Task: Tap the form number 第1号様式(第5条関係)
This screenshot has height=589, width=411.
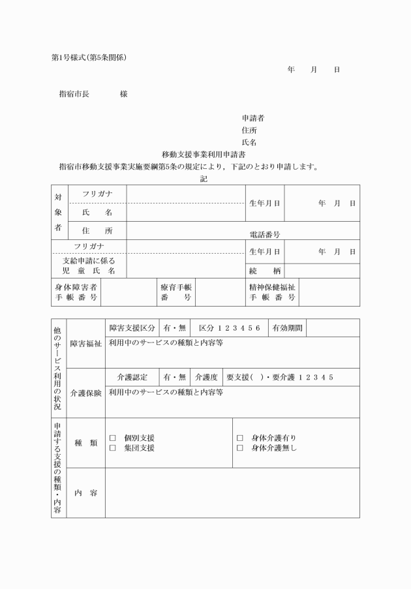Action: [89, 57]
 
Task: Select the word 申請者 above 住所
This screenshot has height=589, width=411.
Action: [252, 118]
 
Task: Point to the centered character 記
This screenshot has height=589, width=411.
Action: [204, 178]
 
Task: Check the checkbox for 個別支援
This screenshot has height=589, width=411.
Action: [112, 438]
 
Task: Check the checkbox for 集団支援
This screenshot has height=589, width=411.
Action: [112, 448]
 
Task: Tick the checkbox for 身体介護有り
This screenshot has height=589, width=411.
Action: [239, 438]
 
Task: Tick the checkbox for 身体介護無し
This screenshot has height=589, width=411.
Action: [239, 448]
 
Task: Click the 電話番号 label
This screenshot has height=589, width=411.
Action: [264, 235]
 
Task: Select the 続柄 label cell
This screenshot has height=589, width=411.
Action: [264, 270]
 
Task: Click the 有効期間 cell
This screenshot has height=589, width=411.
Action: [287, 327]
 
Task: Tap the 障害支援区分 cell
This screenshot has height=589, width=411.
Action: [132, 327]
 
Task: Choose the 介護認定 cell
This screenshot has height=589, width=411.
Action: [132, 377]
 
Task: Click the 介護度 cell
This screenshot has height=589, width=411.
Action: [205, 377]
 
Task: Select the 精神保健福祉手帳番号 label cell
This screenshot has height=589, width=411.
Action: [271, 293]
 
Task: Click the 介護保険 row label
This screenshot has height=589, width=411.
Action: [85, 393]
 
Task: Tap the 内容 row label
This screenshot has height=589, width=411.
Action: [85, 492]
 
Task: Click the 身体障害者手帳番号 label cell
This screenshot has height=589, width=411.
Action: [76, 293]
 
